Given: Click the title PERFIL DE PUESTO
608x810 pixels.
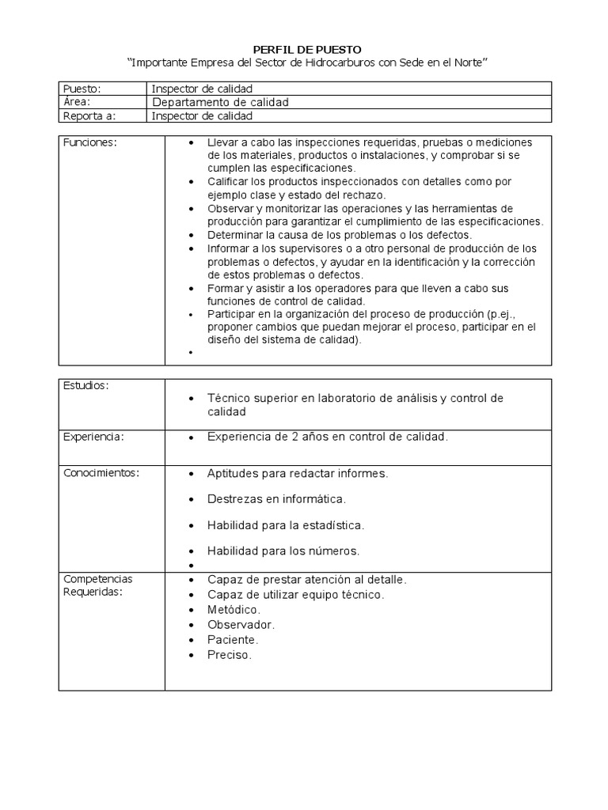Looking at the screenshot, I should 304,50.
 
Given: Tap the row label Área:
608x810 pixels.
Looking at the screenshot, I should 77,102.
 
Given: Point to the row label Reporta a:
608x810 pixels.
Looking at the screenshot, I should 89,115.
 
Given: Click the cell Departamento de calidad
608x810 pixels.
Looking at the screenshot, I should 220,102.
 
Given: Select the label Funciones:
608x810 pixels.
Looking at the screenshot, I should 89,142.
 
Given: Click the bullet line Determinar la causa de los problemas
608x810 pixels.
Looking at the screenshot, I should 339,235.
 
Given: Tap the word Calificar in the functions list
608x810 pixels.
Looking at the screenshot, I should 230,181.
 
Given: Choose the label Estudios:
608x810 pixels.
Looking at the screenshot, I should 85,385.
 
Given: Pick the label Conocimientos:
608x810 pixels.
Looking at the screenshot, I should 101,473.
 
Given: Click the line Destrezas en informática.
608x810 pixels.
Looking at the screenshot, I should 276,499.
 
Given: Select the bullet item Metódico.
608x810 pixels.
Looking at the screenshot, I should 234,609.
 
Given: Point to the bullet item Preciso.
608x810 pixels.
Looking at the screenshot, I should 230,655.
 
